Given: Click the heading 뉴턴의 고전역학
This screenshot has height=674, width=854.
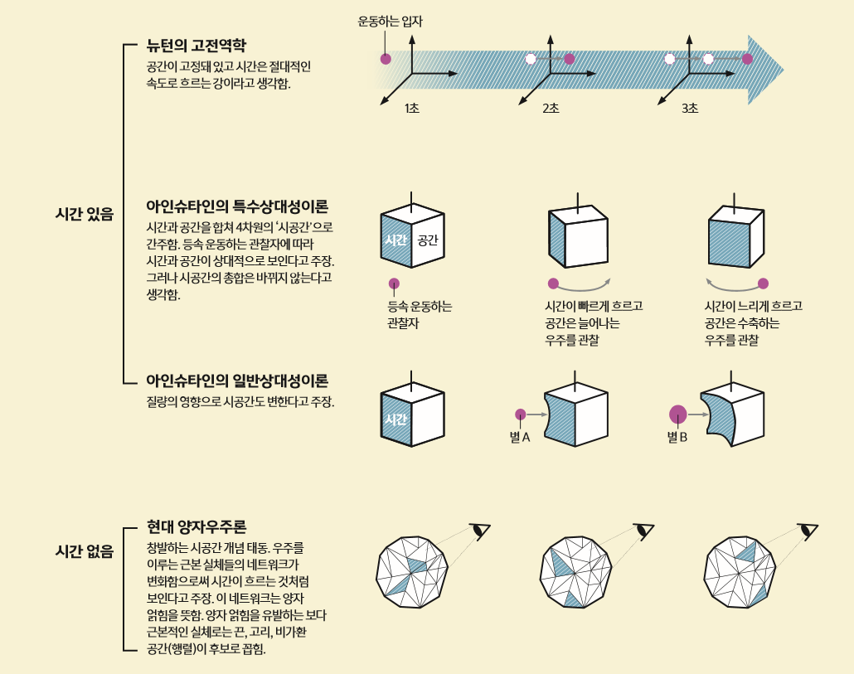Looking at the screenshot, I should (x=196, y=45).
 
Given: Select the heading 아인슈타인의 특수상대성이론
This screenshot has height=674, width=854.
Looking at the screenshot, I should (x=237, y=206).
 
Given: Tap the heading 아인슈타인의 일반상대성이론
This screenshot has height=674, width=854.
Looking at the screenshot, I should (x=237, y=381).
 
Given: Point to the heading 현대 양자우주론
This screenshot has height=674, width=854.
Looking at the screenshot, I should (x=197, y=526).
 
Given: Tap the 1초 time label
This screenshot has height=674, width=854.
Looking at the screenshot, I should (x=412, y=109).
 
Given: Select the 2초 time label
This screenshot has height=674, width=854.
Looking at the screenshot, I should (x=551, y=109).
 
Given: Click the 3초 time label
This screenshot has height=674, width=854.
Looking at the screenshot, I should (x=690, y=109).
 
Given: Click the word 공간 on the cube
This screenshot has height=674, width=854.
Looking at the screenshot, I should (x=428, y=240).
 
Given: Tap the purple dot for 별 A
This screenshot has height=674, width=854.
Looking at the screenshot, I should (x=520, y=414).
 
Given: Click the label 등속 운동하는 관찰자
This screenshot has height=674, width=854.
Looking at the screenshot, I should (x=420, y=314).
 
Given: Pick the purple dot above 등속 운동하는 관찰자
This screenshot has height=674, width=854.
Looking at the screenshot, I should (x=394, y=284).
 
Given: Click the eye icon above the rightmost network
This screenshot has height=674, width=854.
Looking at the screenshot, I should (x=807, y=530).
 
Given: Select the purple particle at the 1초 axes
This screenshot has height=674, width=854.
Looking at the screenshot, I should (x=386, y=59).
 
